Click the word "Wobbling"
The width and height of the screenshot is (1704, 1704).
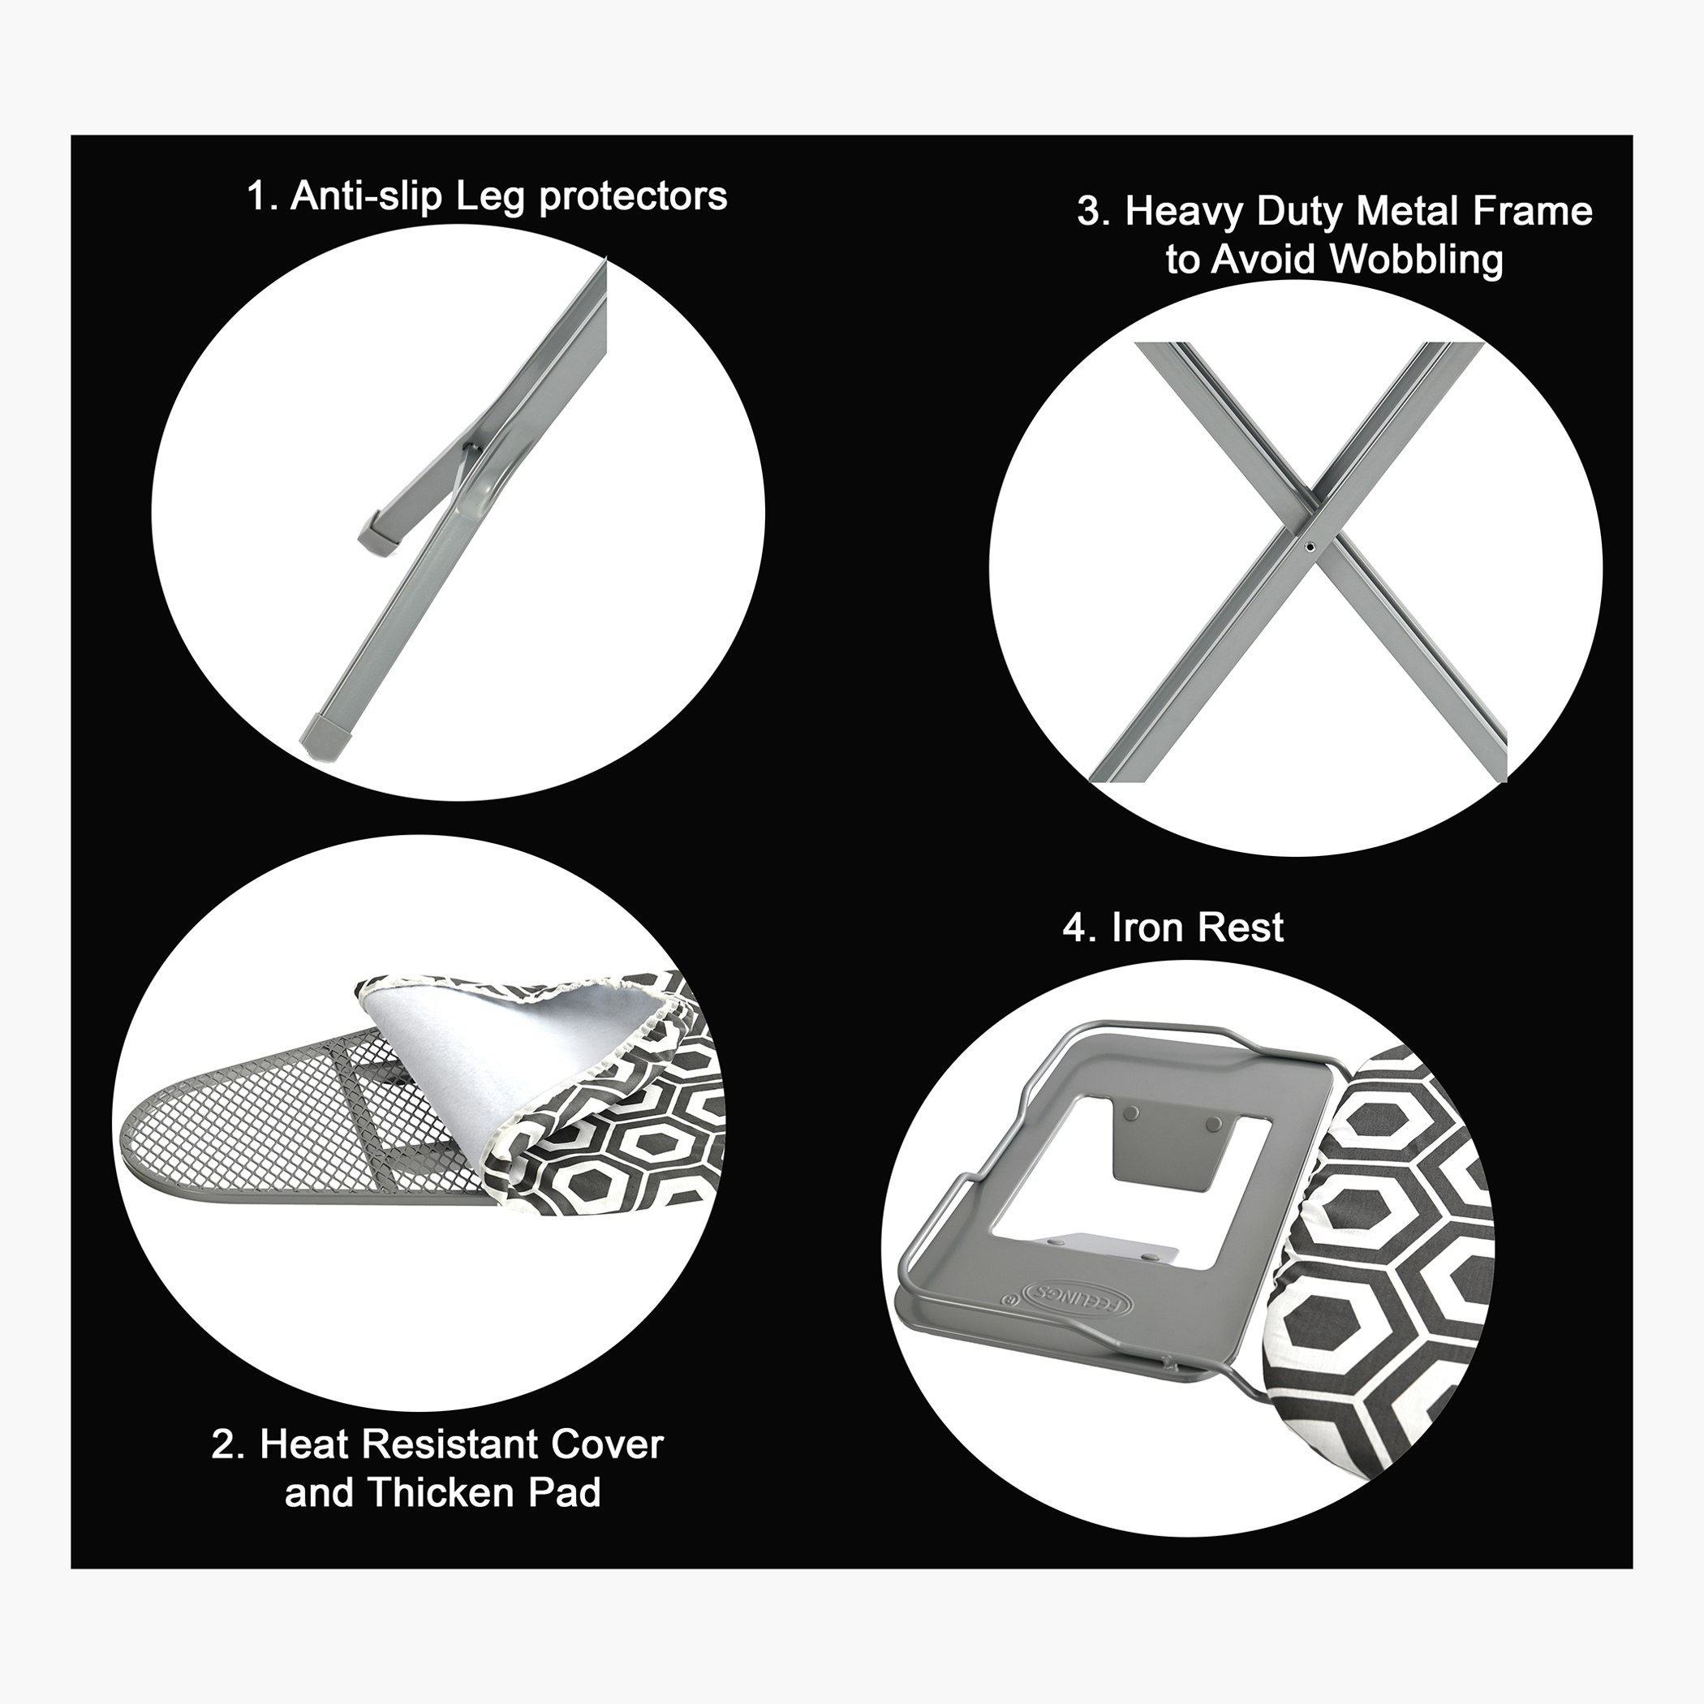(1418, 261)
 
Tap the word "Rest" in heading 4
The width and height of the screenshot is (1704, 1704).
(1241, 927)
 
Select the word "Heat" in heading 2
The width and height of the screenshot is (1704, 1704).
(304, 1444)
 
